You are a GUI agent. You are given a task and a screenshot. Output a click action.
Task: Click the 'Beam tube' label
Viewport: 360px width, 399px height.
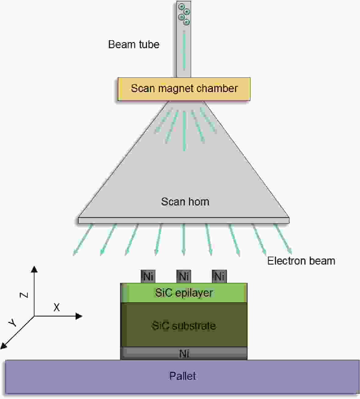(134, 45)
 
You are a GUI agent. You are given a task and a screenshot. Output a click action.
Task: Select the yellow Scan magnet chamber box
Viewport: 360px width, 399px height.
(184, 89)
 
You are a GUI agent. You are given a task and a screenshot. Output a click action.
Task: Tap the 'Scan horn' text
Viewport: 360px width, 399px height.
(185, 201)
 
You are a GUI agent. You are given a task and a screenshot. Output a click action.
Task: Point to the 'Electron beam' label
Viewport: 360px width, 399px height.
(301, 261)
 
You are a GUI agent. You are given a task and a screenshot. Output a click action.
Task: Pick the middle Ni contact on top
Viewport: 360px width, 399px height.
(184, 276)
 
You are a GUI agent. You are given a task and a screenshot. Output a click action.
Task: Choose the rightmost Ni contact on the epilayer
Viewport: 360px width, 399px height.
(219, 276)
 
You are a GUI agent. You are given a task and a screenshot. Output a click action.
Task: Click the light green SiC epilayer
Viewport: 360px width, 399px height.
(184, 293)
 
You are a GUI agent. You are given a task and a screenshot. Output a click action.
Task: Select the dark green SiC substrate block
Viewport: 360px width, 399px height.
(184, 326)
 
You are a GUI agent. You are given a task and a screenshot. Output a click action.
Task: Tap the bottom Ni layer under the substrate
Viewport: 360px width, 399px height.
(184, 353)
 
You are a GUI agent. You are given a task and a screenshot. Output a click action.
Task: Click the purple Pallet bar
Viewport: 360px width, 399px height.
(183, 376)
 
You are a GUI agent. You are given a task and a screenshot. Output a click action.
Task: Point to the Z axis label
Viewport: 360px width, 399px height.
(24, 295)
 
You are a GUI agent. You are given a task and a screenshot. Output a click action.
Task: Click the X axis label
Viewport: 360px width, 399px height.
(56, 308)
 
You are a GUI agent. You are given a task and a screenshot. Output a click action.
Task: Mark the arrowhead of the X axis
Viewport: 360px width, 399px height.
(79, 316)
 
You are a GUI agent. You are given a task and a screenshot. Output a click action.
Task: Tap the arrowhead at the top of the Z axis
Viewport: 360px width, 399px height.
(34, 269)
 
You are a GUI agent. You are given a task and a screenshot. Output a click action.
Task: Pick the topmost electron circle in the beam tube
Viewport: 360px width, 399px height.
(182, 6)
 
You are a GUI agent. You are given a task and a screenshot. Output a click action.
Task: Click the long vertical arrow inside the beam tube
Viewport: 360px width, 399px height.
(184, 50)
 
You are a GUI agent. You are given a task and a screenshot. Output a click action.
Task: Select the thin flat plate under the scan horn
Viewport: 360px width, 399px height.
(184, 220)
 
